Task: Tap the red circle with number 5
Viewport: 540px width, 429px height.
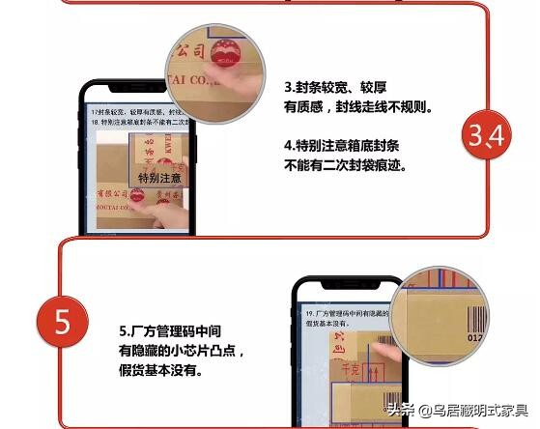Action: [63, 322]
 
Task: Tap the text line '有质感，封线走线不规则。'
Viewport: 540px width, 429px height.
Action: [357, 107]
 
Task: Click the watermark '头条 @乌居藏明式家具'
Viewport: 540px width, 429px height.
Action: [457, 410]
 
